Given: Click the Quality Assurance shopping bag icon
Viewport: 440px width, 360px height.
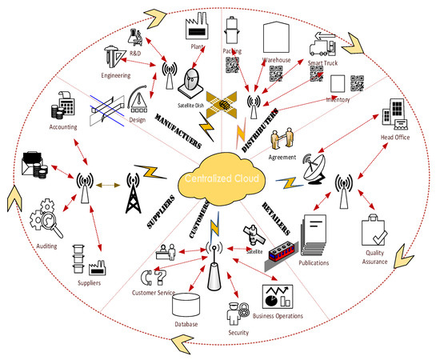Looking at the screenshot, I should point(376,233).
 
